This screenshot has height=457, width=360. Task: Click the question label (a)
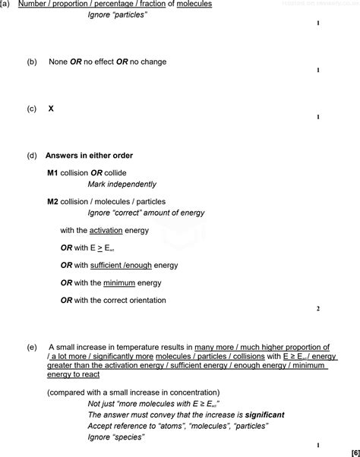(5, 5)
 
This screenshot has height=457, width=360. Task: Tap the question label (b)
(31, 61)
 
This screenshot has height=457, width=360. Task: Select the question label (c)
(31, 109)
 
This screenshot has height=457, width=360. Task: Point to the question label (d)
(31, 156)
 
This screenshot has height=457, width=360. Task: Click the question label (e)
(31, 347)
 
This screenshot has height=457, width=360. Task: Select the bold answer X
(51, 109)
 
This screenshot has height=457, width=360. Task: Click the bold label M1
(52, 172)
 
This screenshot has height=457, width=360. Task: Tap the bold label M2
(52, 202)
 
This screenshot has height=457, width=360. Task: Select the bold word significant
(264, 415)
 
